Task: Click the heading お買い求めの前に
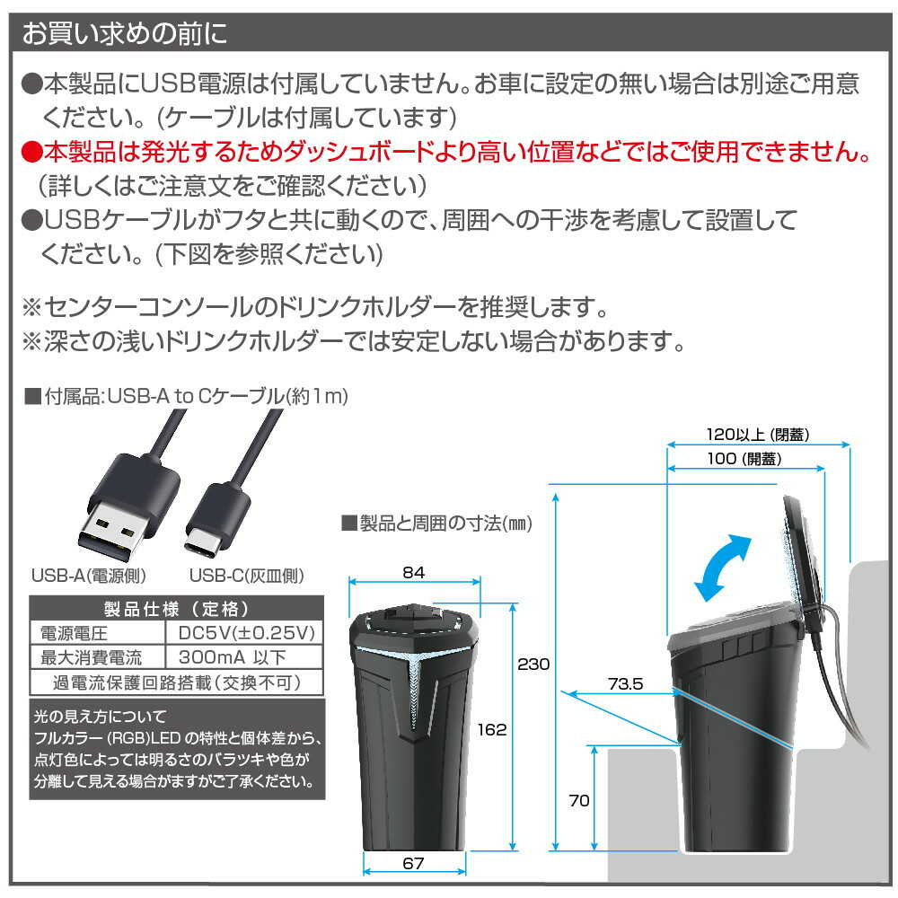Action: coord(124,33)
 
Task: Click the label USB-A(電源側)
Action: coord(89,575)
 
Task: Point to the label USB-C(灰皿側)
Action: coord(247,575)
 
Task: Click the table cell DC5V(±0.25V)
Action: coord(247,632)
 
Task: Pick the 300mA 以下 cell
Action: coord(232,657)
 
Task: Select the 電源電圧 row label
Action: coord(74,633)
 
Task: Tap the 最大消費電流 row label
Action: coord(91,657)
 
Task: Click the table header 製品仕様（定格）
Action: coord(176,608)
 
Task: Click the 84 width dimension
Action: coord(413,572)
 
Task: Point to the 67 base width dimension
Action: coord(413,863)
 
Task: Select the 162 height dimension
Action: coord(492,729)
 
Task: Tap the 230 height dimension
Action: coord(533,664)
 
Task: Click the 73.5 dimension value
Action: coord(625,683)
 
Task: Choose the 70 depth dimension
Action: coord(579,800)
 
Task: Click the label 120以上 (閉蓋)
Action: coord(758,435)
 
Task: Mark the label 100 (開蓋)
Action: coord(744,459)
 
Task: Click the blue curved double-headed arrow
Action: coord(723,567)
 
